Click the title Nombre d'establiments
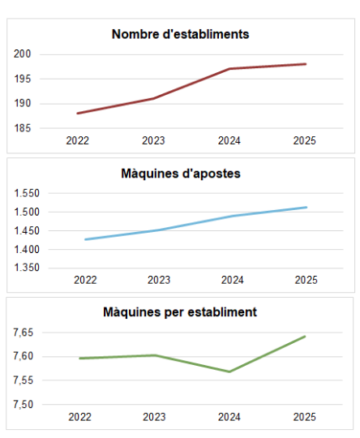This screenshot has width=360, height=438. [x=180, y=34]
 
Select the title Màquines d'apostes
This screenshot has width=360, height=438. [x=181, y=174]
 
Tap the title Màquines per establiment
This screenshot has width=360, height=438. [x=180, y=311]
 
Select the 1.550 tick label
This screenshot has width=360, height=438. [x=28, y=193]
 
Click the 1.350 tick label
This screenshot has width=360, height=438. [x=28, y=268]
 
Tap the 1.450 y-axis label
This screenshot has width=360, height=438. [x=28, y=230]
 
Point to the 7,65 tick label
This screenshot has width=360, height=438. [x=25, y=333]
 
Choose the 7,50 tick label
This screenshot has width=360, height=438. [x=25, y=405]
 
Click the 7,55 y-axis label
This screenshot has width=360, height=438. [x=25, y=380]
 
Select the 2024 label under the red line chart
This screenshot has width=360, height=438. [x=229, y=141]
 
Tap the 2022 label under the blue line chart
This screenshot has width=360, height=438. [x=85, y=280]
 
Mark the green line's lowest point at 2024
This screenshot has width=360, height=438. [x=230, y=371]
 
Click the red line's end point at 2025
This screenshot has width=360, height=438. [x=306, y=64]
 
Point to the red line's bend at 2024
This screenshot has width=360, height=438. [x=229, y=69]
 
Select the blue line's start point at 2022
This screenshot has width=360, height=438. [x=85, y=239]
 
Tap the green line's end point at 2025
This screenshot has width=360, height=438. [x=305, y=336]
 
